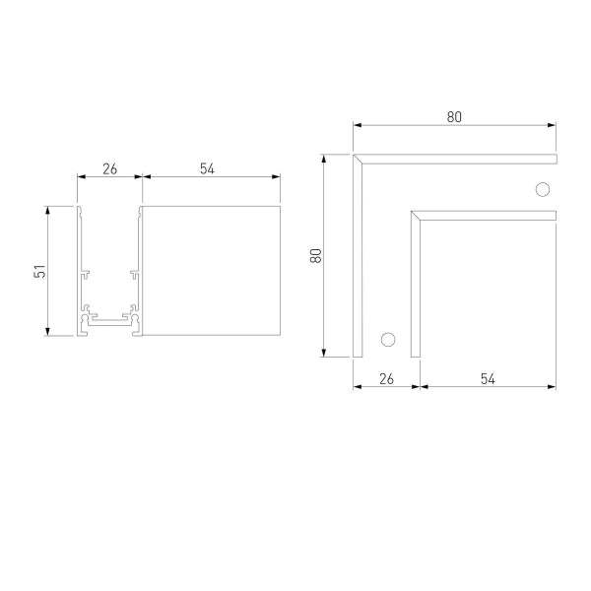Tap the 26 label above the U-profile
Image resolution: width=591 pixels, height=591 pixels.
(x=109, y=168)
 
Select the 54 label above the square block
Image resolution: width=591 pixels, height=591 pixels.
(x=207, y=168)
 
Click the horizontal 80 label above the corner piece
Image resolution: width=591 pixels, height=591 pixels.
(x=453, y=116)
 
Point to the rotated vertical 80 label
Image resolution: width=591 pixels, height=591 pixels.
(x=316, y=254)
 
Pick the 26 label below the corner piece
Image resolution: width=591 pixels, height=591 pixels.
(x=386, y=378)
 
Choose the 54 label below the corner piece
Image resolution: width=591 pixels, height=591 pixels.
(x=488, y=378)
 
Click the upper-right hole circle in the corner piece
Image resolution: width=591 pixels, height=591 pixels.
(x=541, y=189)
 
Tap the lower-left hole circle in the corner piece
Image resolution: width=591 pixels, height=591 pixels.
(x=387, y=339)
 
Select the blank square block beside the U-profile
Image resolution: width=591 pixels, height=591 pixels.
(x=211, y=270)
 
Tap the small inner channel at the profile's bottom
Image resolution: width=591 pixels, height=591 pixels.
(x=109, y=320)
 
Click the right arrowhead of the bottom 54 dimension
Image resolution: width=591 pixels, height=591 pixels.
(x=553, y=386)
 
